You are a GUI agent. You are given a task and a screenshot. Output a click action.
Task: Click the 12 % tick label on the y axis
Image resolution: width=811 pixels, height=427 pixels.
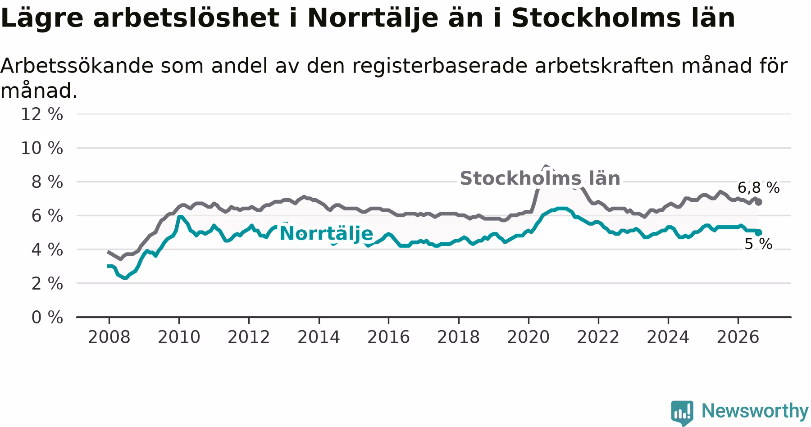[42, 114]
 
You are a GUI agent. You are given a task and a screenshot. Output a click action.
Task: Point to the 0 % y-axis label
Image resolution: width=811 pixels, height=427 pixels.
[47, 318]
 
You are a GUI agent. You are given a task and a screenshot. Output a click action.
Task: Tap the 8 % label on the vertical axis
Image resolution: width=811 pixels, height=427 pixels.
[47, 182]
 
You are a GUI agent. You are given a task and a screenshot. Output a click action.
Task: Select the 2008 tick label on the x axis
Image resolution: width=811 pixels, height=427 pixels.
[109, 337]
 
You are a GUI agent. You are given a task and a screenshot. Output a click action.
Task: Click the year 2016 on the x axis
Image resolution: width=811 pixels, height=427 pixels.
[388, 337]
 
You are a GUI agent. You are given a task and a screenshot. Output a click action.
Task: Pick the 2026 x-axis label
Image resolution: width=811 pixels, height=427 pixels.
[738, 337]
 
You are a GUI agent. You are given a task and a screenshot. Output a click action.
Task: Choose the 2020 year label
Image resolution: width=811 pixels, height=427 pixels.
[529, 337]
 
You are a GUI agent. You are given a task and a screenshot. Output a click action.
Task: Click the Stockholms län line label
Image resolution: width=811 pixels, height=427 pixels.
[540, 178]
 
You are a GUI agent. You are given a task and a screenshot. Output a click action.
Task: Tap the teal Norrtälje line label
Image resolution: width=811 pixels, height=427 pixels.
[326, 234]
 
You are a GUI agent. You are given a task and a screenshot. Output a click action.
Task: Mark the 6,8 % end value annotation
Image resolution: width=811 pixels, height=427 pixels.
[758, 188]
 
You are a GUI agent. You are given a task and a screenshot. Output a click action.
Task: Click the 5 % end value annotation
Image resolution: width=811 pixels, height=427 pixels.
[758, 244]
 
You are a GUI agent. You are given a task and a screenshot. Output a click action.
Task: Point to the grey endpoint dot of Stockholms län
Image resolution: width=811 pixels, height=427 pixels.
[759, 202]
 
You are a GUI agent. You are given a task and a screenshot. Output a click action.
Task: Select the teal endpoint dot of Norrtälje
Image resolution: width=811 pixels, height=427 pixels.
[759, 232]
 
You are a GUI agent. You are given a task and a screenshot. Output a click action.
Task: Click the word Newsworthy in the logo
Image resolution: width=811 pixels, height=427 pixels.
[755, 411]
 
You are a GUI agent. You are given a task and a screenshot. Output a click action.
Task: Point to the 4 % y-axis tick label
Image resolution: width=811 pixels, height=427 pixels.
[47, 250]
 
